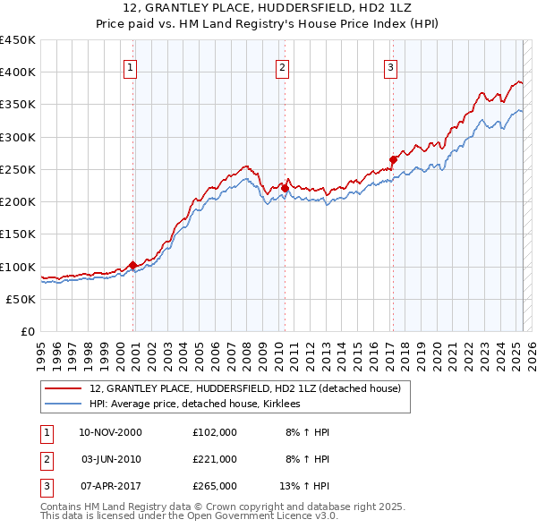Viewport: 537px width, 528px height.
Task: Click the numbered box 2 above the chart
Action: [283, 65]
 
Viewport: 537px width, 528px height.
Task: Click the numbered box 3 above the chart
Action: [391, 65]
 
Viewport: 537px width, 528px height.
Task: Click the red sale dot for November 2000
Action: [133, 265]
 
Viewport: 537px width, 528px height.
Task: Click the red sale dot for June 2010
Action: [285, 188]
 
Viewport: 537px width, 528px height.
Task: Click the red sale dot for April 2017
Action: [393, 159]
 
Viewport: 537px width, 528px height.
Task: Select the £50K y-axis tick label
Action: [21, 299]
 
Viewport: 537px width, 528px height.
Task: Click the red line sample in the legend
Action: [64, 388]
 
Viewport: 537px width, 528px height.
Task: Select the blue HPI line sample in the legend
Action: [64, 404]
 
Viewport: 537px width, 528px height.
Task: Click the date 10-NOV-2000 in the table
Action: [111, 432]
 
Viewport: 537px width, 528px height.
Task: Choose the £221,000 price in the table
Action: [214, 459]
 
